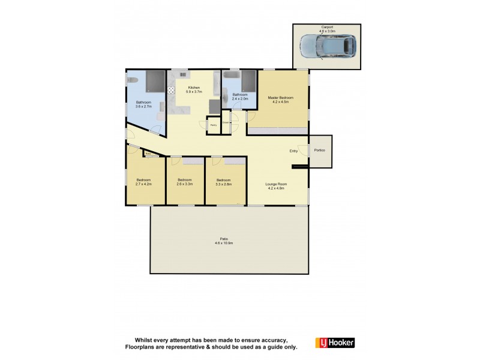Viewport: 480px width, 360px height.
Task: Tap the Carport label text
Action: pos(327,27)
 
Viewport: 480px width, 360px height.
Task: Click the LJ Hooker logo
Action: pos(335,343)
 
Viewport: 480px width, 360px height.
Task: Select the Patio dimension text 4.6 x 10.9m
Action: pos(223,244)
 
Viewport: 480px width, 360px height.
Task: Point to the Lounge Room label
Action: pos(277,184)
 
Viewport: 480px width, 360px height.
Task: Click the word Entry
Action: pos(293,151)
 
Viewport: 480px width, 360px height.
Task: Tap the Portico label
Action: pos(319,150)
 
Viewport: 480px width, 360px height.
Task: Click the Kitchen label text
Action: pos(194,88)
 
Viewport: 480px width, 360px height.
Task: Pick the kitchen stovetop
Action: pos(171,91)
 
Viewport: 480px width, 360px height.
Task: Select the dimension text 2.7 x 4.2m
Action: pos(144,184)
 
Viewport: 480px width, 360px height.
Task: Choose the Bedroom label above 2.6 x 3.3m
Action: pos(185,180)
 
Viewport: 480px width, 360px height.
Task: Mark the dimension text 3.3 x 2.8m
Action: pos(224,184)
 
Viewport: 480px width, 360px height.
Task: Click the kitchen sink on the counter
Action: pos(181,74)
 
